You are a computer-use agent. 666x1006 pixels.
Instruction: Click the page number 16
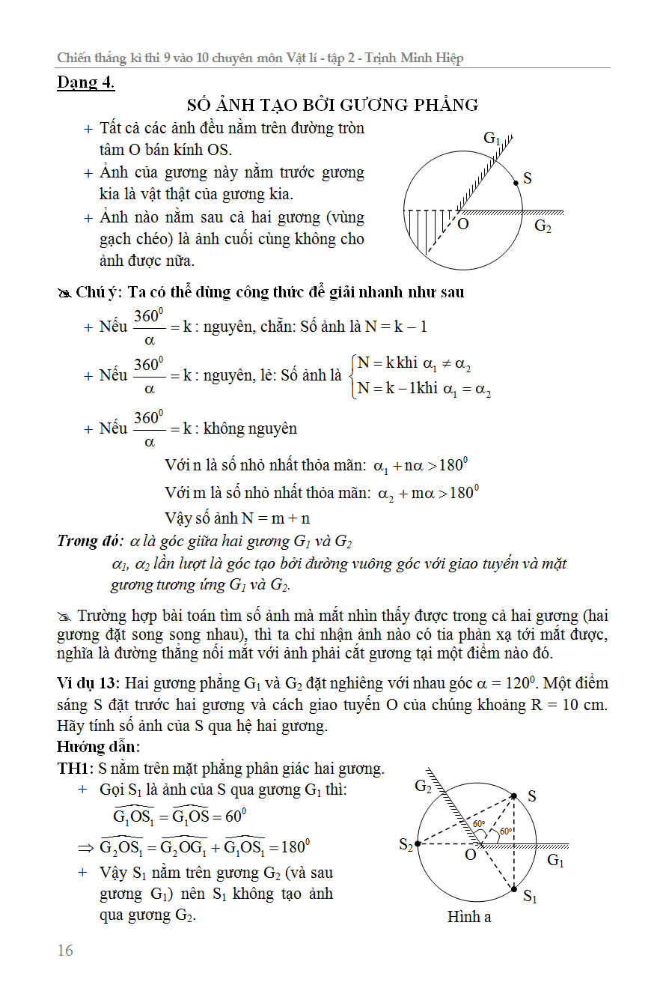(65, 951)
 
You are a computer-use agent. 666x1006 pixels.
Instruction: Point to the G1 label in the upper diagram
(492, 139)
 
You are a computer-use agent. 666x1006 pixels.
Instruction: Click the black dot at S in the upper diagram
(516, 182)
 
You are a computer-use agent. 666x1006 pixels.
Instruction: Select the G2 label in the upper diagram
(543, 225)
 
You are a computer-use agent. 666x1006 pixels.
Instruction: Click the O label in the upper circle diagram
(463, 224)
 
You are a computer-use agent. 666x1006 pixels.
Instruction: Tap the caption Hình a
(469, 916)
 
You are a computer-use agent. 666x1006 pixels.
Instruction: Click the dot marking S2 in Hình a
(418, 844)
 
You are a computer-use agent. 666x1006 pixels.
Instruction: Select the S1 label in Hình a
(530, 896)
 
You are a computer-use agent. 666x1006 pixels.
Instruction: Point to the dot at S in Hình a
(514, 796)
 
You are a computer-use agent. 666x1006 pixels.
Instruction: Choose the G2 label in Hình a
(424, 786)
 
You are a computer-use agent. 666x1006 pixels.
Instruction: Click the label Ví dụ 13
(88, 684)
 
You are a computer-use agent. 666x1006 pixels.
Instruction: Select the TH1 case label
(75, 769)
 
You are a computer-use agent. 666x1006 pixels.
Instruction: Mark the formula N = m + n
(275, 518)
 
